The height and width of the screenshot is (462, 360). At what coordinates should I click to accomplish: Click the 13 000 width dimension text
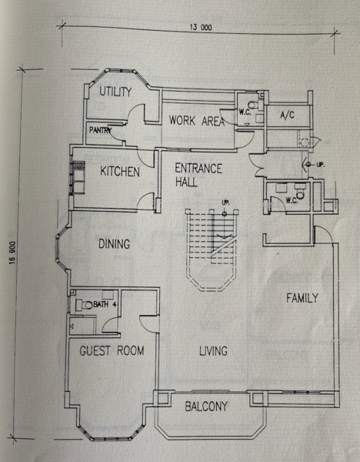[201, 28]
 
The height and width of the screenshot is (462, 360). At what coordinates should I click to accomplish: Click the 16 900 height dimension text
[12, 253]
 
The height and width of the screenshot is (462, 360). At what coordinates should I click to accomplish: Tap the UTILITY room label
[115, 92]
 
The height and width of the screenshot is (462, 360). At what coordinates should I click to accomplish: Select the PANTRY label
[100, 130]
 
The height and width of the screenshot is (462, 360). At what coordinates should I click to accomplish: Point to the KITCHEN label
[120, 172]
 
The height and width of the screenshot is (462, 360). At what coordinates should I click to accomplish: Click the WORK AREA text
[197, 121]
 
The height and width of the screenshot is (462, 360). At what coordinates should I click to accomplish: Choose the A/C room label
[287, 115]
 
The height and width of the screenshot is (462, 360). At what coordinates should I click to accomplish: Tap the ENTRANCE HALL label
[198, 175]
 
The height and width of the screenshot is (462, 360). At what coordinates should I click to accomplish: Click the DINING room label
[114, 244]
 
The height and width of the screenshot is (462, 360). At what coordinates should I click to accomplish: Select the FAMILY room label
[302, 298]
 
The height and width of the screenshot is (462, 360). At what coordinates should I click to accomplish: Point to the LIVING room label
[213, 351]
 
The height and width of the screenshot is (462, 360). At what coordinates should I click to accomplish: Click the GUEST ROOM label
[112, 350]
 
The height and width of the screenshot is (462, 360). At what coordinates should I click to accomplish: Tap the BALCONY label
[206, 407]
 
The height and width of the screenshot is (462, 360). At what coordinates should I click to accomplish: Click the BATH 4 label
[105, 304]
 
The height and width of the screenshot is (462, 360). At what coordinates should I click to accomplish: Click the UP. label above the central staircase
[226, 203]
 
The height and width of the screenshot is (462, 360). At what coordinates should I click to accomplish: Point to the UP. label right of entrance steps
[321, 165]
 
